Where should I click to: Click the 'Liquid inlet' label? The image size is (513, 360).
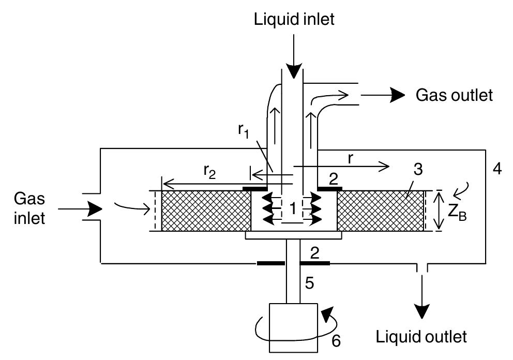294,19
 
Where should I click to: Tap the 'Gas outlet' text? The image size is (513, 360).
454,95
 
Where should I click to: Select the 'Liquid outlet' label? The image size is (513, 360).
421,337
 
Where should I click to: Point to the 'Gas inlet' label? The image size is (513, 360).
29,208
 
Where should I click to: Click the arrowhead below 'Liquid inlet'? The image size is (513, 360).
293,70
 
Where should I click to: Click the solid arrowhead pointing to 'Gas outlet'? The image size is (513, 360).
397,95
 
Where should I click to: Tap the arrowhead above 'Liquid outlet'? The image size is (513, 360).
421,311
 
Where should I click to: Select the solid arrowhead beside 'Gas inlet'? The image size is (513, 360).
95,208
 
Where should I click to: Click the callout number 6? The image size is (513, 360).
336,341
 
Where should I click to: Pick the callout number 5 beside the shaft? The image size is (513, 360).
309,283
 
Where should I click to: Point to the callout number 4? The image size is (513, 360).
497,169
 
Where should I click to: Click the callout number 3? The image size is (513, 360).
418,169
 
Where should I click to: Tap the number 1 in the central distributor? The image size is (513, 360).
293,208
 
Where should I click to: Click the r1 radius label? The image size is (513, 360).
244,131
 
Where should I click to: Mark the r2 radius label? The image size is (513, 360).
210,172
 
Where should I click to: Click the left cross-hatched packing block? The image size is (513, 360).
206,211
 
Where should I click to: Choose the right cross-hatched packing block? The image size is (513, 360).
381,211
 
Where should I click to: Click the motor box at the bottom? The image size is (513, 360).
293,328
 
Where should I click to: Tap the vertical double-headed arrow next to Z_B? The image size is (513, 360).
440,211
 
